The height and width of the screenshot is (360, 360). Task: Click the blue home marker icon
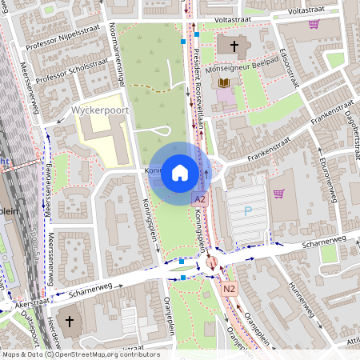click(179, 172)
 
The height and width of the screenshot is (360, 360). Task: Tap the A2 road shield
click(200, 198)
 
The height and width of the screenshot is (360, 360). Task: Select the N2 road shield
click(230, 289)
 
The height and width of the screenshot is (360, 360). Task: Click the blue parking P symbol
click(247, 211)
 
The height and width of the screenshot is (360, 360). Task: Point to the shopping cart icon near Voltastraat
click(314, 24)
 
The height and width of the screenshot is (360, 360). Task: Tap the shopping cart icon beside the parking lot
click(278, 193)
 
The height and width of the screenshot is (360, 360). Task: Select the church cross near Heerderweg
click(70, 322)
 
